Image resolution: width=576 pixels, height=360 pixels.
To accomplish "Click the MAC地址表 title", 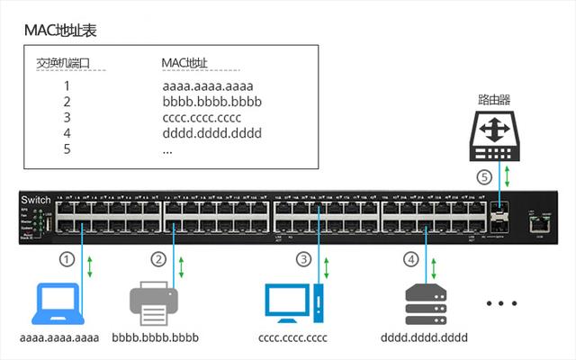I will tap(60, 31).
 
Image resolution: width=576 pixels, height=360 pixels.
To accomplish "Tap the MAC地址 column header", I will tap(184, 63).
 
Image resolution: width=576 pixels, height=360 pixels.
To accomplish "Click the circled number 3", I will tap(303, 259).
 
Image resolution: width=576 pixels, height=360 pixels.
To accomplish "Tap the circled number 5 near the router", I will tap(483, 177).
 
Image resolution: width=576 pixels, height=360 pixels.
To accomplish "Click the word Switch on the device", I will tap(36, 198).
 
